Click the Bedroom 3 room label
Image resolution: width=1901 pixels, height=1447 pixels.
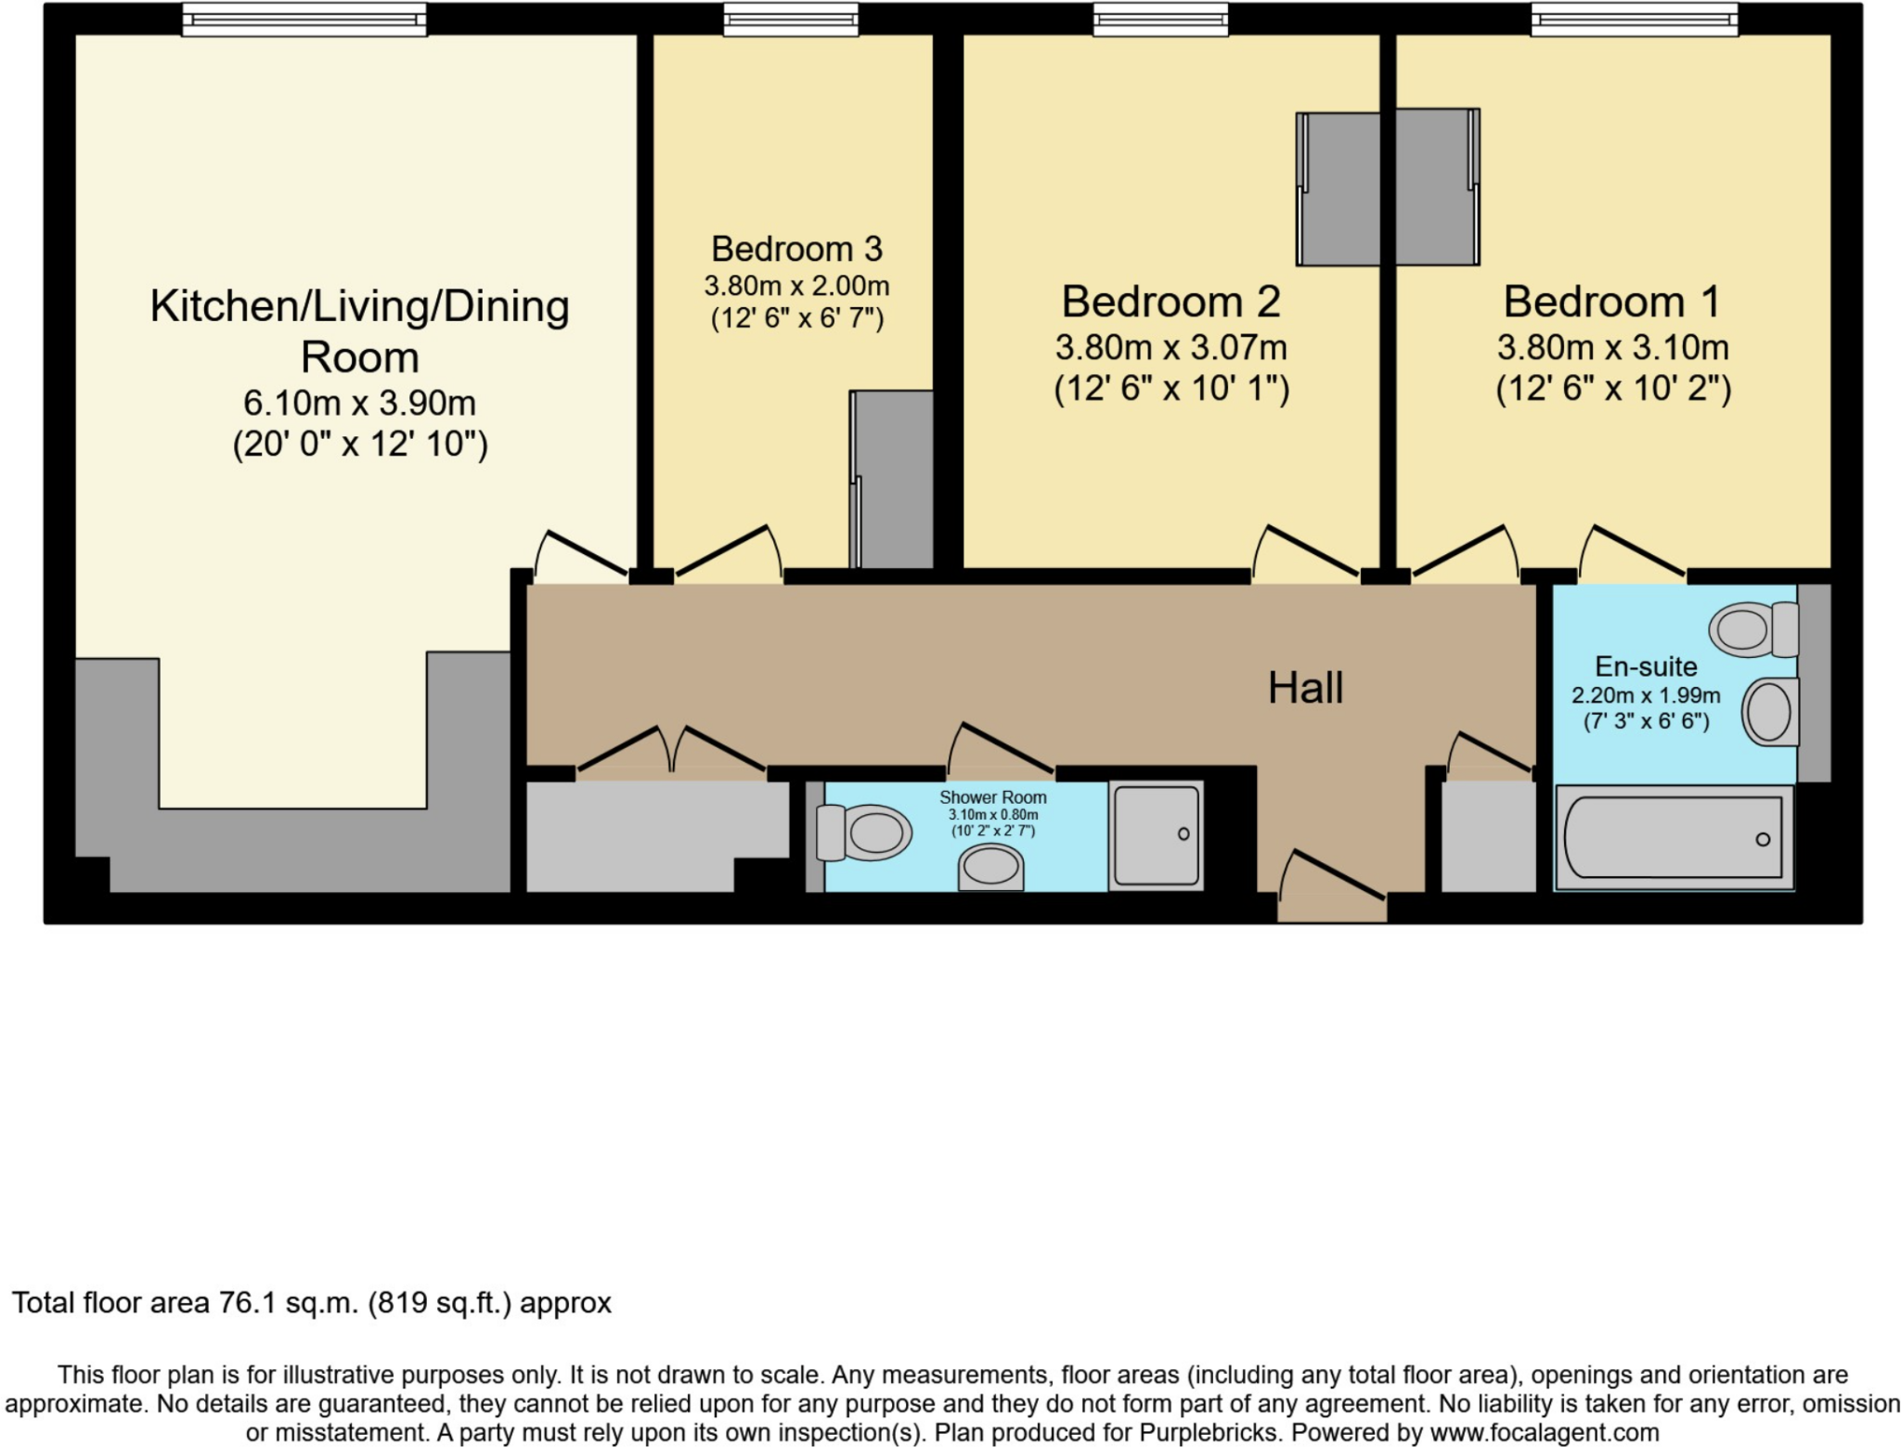point(796,249)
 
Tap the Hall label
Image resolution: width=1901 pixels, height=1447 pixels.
point(1305,688)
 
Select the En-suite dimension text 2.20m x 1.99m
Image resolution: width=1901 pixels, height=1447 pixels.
point(1646,695)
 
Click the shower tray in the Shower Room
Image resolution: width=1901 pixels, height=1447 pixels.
point(1156,835)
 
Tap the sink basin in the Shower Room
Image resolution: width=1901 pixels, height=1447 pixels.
point(990,868)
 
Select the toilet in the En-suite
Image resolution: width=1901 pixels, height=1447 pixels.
point(1752,629)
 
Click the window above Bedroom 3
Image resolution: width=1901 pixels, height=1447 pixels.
point(791,19)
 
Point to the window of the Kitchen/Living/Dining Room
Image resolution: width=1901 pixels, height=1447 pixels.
point(304,19)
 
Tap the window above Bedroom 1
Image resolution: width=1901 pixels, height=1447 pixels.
point(1634,19)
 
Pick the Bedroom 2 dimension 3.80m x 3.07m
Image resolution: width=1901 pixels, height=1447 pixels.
point(1171,348)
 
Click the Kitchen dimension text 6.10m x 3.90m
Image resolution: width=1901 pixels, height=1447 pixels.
point(359,403)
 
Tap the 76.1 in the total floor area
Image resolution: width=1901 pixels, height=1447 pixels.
point(247,1303)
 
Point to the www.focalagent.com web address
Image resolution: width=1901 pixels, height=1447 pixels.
point(1544,1432)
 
